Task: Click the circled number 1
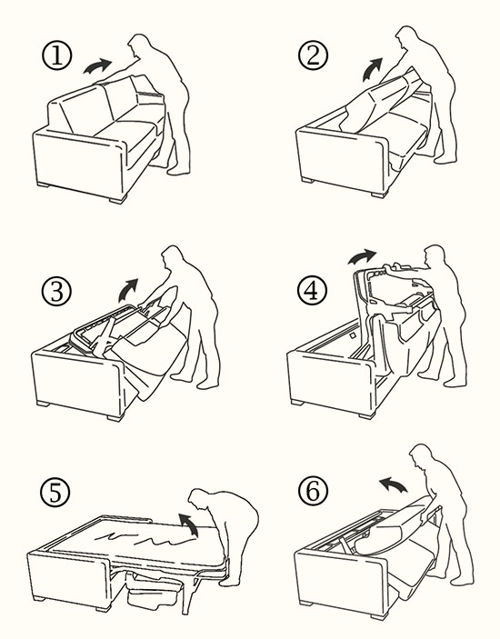pos(57,55)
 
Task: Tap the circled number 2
pos(313,55)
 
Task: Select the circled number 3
pos(56,292)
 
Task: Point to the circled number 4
pos(313,291)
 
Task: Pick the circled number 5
pos(55,493)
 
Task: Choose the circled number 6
pos(313,491)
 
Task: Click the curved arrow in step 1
pos(97,66)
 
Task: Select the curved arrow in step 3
pos(128,291)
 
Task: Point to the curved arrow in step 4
pos(362,256)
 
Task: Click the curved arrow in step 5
pos(190,524)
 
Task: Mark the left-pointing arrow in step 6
pos(393,485)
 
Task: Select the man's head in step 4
pos(435,256)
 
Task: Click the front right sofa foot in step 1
pos(118,200)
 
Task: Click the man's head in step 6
pos(421,456)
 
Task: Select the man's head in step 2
pos(406,39)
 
